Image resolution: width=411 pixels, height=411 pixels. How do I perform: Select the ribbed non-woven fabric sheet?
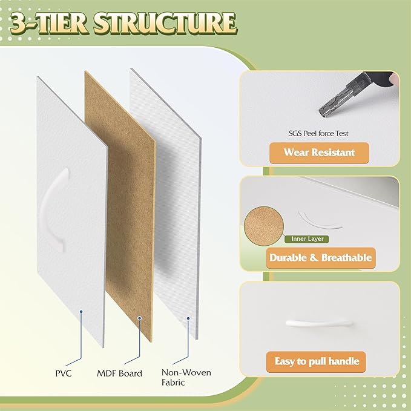pyautogui.click(x=166, y=200)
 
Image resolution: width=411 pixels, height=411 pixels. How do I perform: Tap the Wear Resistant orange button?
pyautogui.click(x=319, y=152)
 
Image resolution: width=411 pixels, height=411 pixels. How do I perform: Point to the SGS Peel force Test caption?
pyautogui.click(x=318, y=133)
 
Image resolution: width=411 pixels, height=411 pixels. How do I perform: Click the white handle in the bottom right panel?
pyautogui.click(x=318, y=323)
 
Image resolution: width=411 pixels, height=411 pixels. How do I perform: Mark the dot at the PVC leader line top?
pyautogui.click(x=81, y=311)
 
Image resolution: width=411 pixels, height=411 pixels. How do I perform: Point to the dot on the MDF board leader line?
pyautogui.click(x=140, y=317)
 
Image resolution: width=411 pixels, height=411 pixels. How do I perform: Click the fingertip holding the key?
pyautogui.click(x=393, y=79)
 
